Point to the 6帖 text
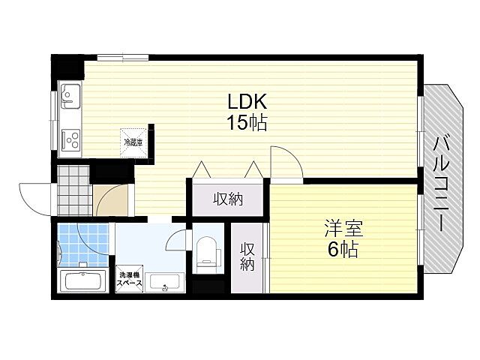pos(340,249)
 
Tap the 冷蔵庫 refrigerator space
pos(133,140)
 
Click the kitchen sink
pos(71,96)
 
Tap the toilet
pos(206,253)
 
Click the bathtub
pos(82,283)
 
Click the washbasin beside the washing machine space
pos(165,282)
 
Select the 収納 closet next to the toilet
pos(247,257)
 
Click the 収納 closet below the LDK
pos(228,199)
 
